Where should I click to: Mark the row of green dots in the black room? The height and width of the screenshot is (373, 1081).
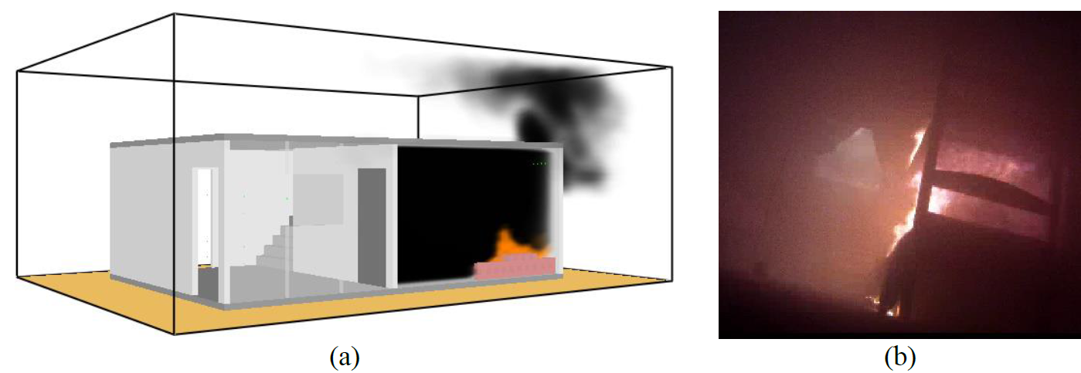[x=540, y=164]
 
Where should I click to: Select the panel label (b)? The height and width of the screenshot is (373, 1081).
[x=899, y=358]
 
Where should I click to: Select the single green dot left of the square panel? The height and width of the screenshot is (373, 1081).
[x=287, y=198]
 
